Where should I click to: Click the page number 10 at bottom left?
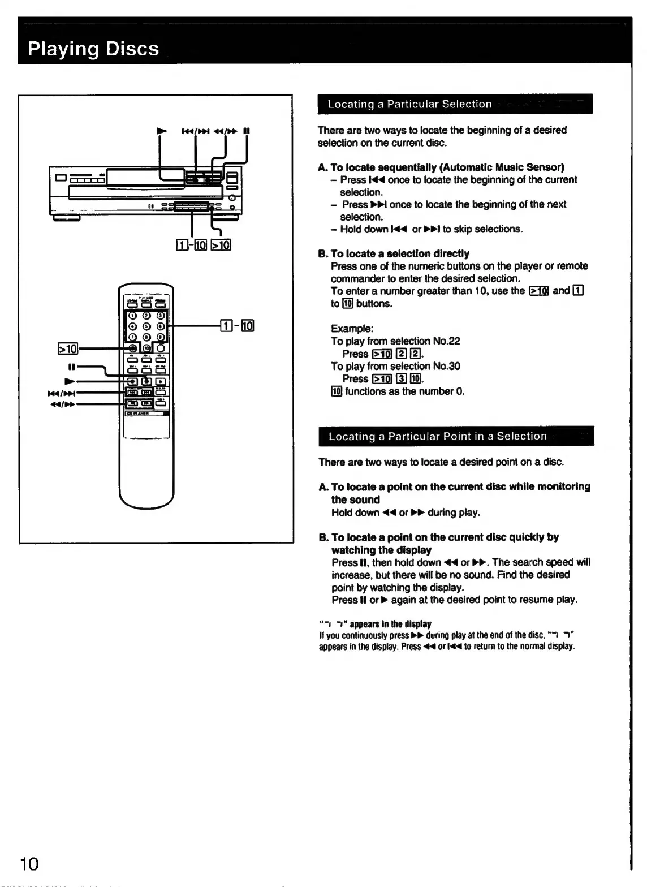pyautogui.click(x=29, y=864)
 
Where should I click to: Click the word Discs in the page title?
pyautogui.click(x=132, y=49)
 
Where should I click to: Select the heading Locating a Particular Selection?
pyautogui.click(x=409, y=104)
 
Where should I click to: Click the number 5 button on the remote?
pyautogui.click(x=146, y=326)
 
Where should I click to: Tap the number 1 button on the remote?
pyautogui.click(x=132, y=316)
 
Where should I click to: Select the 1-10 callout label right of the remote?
pyautogui.click(x=237, y=325)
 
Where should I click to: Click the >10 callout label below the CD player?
pyautogui.click(x=221, y=245)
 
